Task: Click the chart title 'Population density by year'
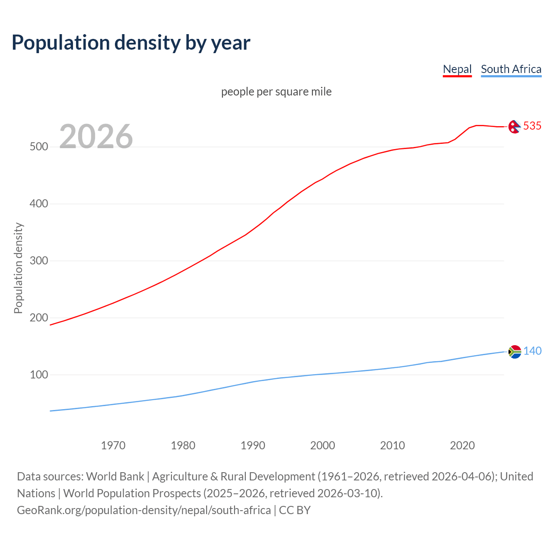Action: click(x=131, y=42)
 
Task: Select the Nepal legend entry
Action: click(x=457, y=69)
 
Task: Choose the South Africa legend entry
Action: click(x=511, y=69)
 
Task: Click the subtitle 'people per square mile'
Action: click(x=276, y=92)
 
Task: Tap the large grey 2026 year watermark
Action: click(x=96, y=137)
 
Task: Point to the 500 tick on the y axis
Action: click(x=38, y=147)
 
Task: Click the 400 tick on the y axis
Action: click(x=38, y=203)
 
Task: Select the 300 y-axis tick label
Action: click(x=38, y=261)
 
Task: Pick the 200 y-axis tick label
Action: click(x=38, y=318)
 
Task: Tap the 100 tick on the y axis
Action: click(x=38, y=375)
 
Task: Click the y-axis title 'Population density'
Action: click(x=18, y=268)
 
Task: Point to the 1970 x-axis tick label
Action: click(x=113, y=445)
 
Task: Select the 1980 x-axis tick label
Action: click(x=183, y=445)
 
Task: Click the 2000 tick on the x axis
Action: click(x=323, y=445)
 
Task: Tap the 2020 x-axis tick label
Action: click(x=462, y=445)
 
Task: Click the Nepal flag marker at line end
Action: click(x=514, y=127)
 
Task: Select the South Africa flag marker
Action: click(x=515, y=352)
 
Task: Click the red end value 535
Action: click(x=532, y=126)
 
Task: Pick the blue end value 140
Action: click(x=532, y=351)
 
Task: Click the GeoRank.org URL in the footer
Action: click(x=144, y=510)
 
